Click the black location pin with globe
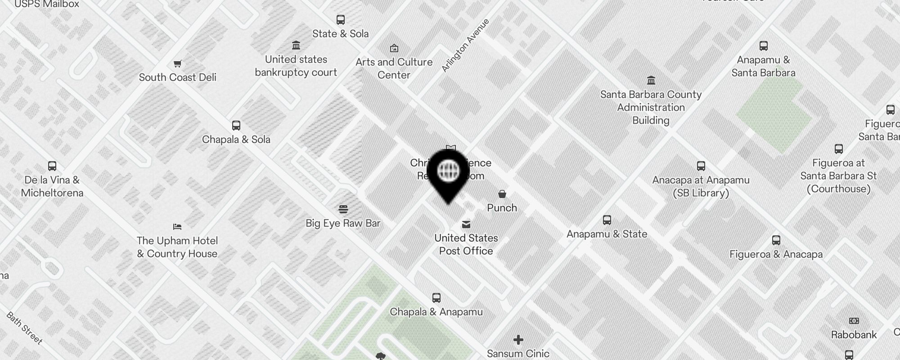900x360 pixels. point(448,173)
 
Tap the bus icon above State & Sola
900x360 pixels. point(341,20)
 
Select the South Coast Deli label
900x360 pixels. point(177,77)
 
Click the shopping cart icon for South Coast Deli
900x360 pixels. point(177,63)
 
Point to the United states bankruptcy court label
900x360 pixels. point(296,66)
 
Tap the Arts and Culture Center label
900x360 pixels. point(394,68)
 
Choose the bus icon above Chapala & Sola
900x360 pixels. point(236,126)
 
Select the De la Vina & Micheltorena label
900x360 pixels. point(52,186)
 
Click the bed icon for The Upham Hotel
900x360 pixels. point(177,226)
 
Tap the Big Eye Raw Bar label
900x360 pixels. point(343,223)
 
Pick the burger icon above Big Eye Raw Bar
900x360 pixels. point(343,209)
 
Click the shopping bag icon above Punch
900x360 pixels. point(502,194)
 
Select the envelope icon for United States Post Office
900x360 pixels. point(466,224)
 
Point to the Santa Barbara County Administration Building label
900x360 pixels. point(651,108)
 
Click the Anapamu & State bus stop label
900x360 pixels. point(607,234)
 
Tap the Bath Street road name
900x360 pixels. point(25,328)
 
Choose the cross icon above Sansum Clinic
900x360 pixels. point(518,339)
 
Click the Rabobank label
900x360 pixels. point(854,335)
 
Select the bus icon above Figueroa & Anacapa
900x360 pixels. point(776,240)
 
